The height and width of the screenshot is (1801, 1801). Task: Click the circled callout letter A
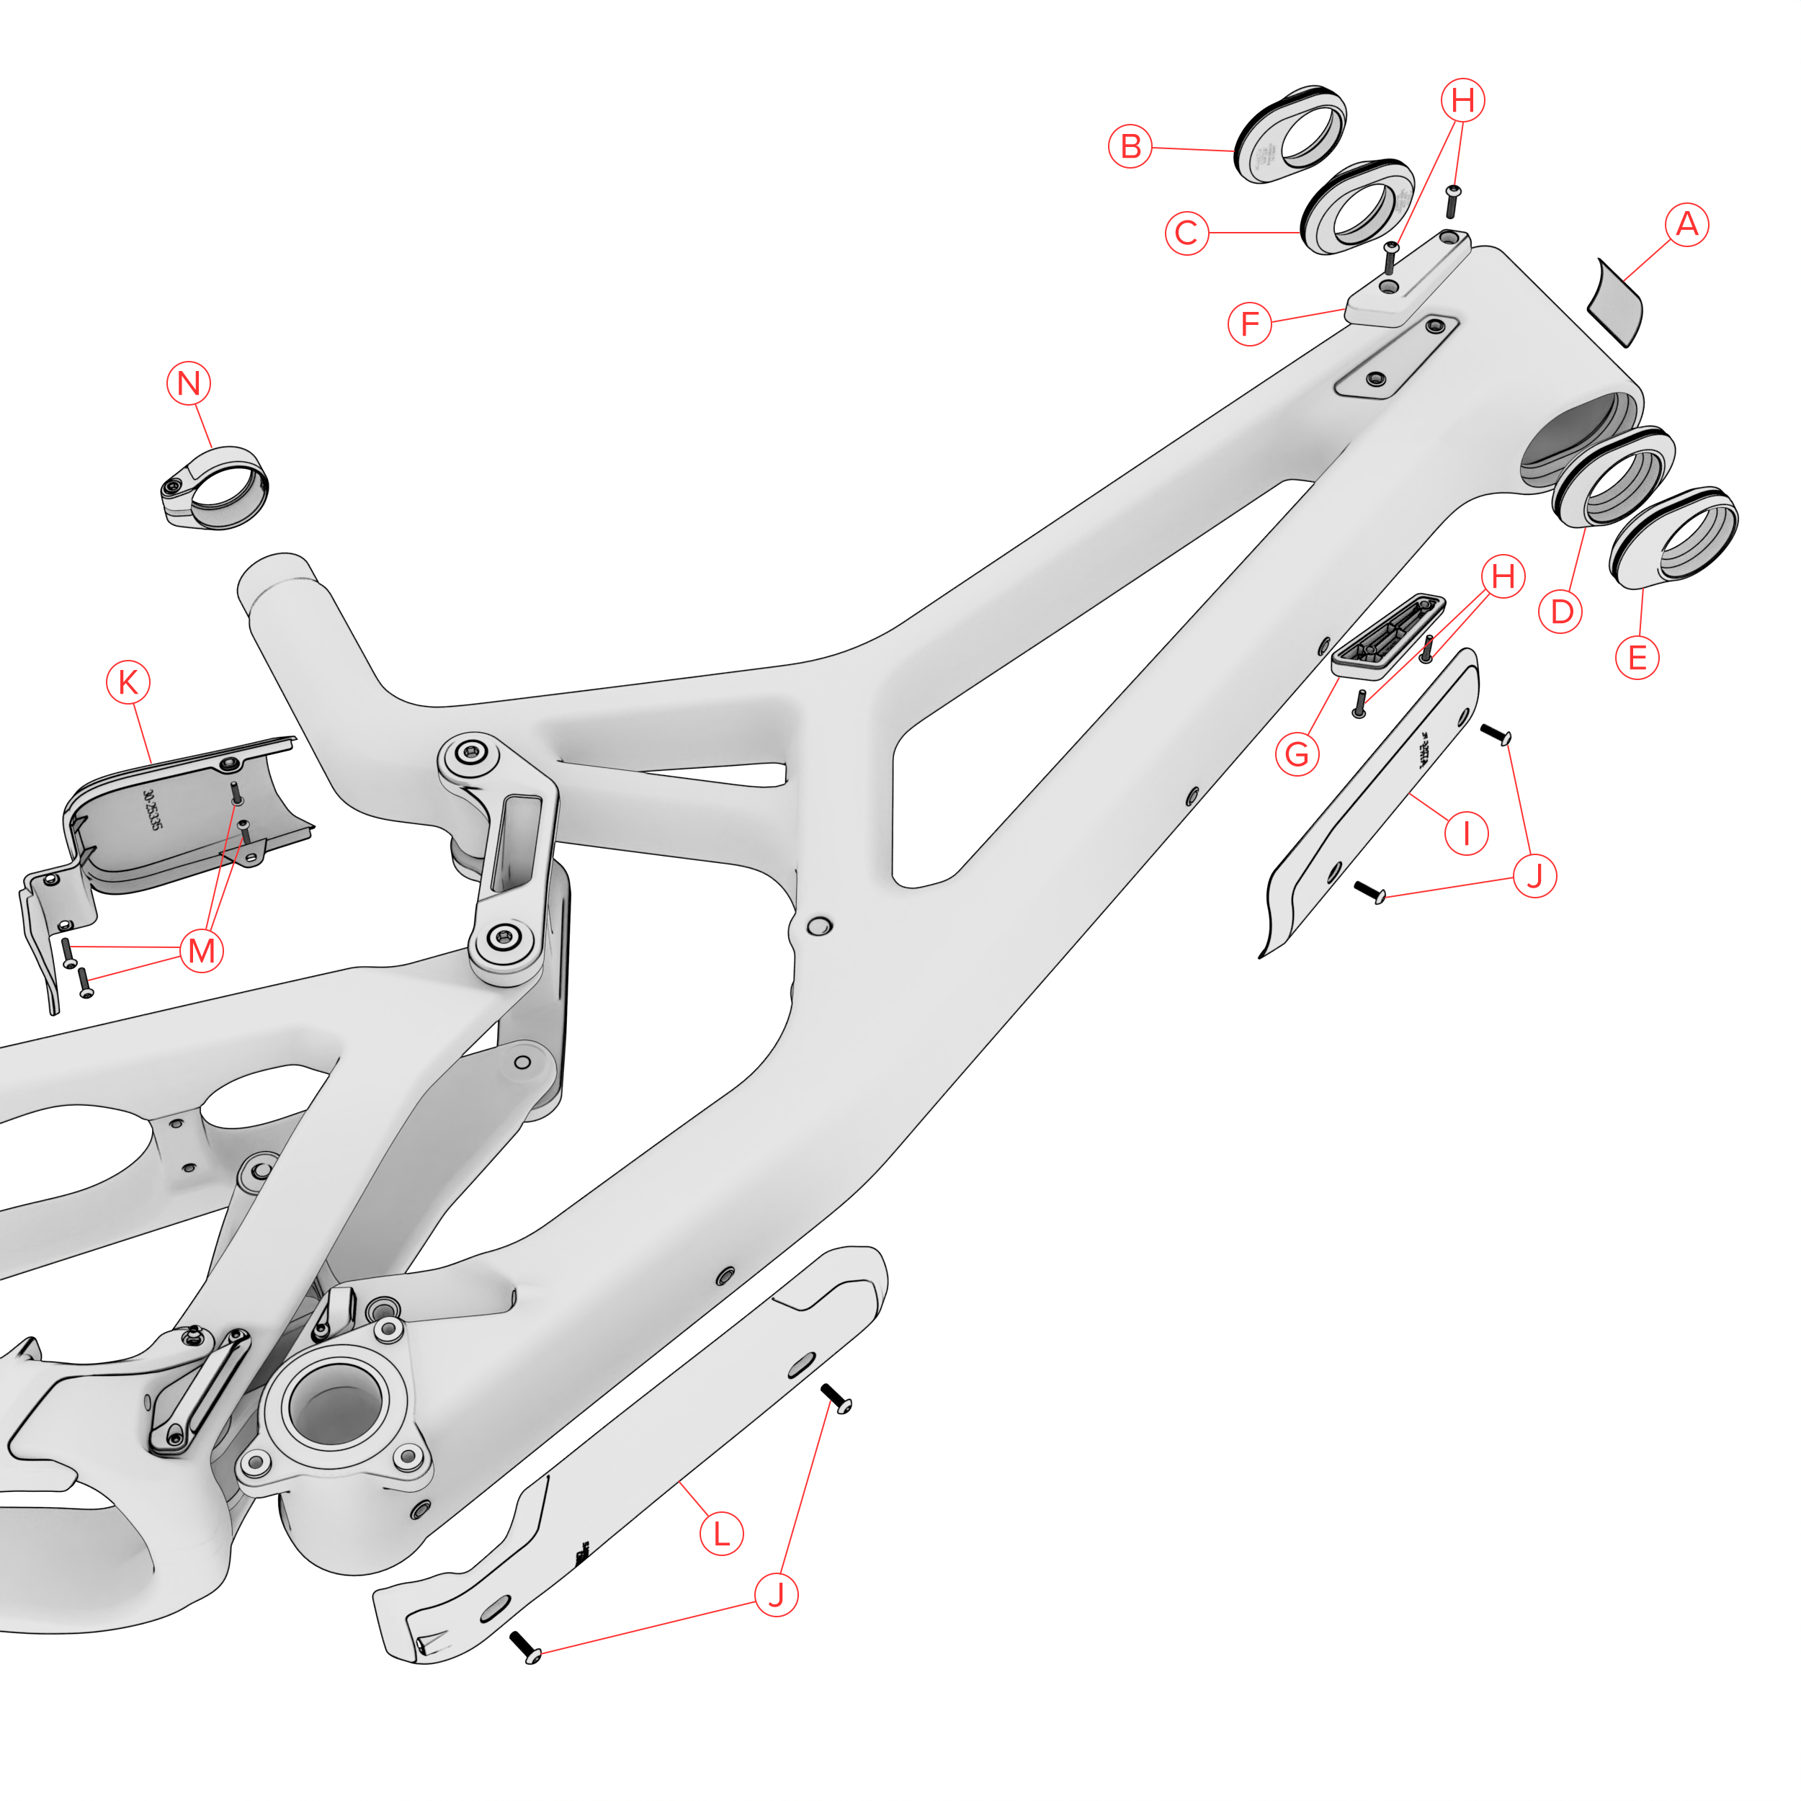pos(1686,225)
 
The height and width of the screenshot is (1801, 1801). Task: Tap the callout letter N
pos(188,383)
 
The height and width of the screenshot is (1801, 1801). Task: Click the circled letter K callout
pos(129,682)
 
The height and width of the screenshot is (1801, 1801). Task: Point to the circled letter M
pos(202,951)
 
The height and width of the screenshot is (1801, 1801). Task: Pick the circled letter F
pos(1250,323)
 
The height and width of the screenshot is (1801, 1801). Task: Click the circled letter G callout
pos(1297,754)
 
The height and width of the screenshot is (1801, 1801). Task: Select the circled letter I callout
pos(1466,833)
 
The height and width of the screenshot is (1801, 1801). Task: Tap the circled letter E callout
pos(1637,658)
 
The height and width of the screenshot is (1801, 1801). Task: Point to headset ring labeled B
pos(1291,137)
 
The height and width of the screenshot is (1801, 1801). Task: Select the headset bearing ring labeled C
pos(1357,207)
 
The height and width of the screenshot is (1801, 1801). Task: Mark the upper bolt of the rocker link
pos(473,754)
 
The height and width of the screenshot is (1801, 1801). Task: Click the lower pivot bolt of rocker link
pos(504,937)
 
